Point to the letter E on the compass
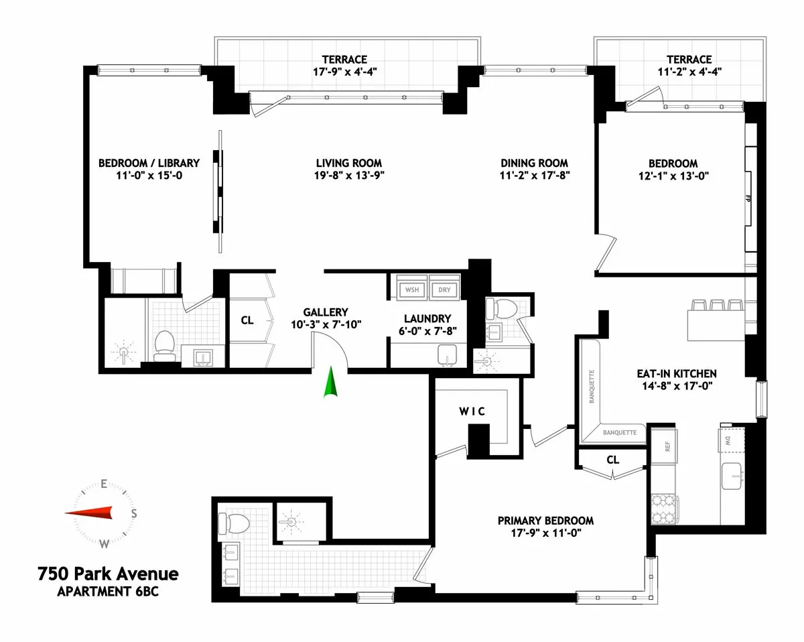pos(104,483)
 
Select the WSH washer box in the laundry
pos(411,290)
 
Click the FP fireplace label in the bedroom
pos(747,198)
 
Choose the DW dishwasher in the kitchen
pos(728,440)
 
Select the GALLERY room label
pos(326,312)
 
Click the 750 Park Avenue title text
pos(108,574)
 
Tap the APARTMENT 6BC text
pos(108,591)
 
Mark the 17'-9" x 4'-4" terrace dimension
pos(342,72)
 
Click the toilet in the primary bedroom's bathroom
pos(233,521)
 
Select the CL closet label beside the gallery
pos(247,320)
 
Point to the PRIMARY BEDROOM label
pos(545,521)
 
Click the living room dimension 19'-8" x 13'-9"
pos(349,176)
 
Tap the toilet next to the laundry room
pos(500,308)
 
